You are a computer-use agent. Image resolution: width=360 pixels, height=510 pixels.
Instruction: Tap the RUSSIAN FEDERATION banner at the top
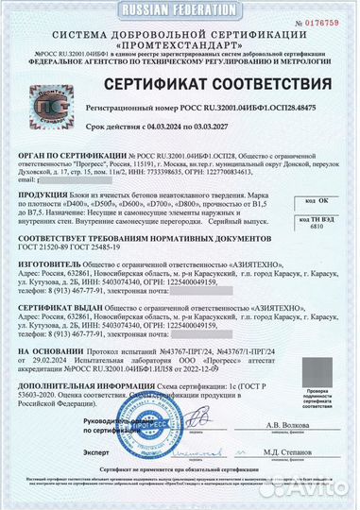tap(180, 7)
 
